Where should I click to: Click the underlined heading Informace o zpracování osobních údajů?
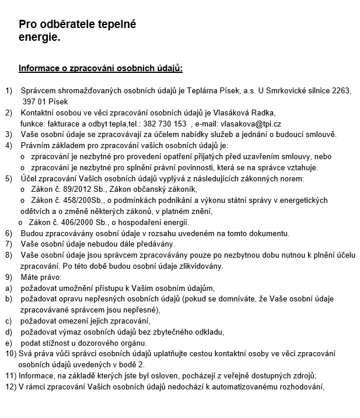click(x=100, y=69)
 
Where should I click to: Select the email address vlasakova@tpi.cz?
click(x=251, y=124)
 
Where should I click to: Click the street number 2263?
click(x=341, y=91)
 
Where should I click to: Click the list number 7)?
click(x=9, y=244)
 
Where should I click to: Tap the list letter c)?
click(x=9, y=321)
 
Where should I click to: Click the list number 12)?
click(x=11, y=387)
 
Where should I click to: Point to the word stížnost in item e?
click(x=60, y=343)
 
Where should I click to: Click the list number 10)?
click(x=11, y=354)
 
